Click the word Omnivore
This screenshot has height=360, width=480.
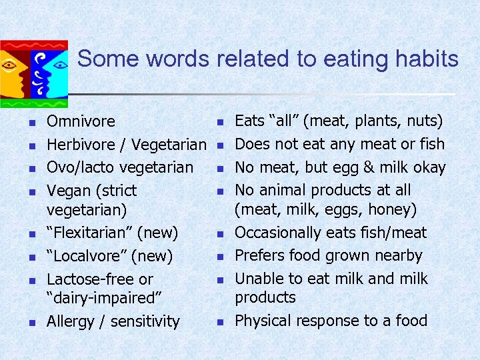(x=81, y=122)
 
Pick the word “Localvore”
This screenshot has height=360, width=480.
(x=91, y=256)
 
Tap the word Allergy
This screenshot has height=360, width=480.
(x=70, y=322)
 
